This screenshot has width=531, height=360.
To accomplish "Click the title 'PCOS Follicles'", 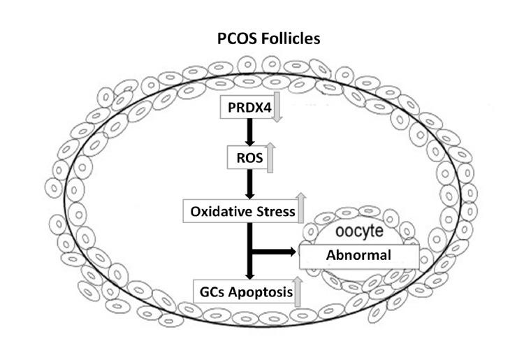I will pos(269,38).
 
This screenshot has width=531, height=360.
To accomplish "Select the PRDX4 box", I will pos(245,108).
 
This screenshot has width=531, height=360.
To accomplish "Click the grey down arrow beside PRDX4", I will pos(276,110).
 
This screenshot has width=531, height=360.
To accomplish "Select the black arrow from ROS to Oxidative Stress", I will pos(249,183).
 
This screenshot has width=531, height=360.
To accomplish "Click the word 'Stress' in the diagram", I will pos(273,210).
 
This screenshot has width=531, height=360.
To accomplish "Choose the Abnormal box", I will pos(358,256).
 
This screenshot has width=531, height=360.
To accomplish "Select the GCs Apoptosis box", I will pos(243,293).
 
